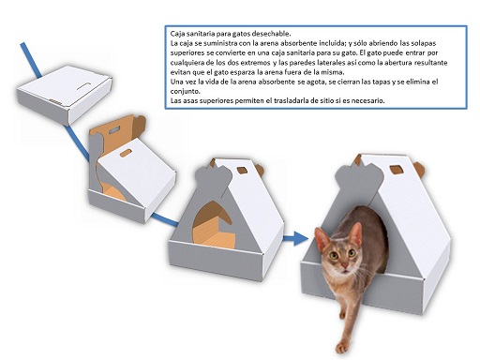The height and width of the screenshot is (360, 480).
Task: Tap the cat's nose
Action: [345, 265]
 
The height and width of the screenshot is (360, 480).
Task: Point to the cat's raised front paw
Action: [341, 347]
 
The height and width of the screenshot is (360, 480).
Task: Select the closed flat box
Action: [65, 94]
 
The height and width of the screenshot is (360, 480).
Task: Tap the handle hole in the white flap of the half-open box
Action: [126, 153]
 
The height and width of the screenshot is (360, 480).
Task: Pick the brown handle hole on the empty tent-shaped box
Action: [242, 171]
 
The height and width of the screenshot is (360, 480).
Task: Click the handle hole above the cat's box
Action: [397, 170]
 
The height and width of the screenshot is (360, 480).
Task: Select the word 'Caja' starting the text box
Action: [176, 34]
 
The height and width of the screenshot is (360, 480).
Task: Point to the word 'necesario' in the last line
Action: [369, 100]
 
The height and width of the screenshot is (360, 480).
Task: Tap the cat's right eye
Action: [334, 256]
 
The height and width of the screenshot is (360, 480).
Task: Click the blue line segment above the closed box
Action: [31, 60]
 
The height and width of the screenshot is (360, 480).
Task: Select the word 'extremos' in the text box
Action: [255, 62]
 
